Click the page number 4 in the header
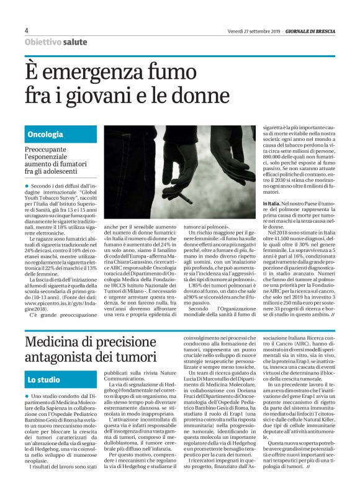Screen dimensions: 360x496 (27, 30)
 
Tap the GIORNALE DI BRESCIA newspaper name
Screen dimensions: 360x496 (309, 31)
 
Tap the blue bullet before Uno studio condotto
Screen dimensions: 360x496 (27, 395)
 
